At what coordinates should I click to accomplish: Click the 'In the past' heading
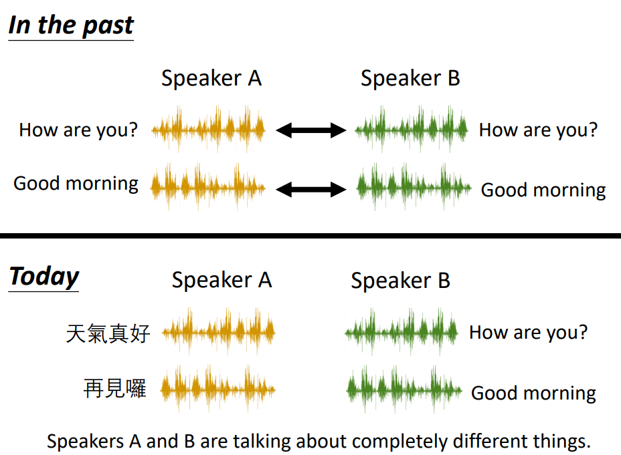(x=72, y=26)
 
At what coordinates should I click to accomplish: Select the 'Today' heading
(x=44, y=277)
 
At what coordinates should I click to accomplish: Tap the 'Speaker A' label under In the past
(x=211, y=78)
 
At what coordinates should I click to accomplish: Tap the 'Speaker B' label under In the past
(x=410, y=78)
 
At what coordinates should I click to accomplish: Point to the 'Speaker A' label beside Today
(x=221, y=280)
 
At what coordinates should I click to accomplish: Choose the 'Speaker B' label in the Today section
(x=400, y=280)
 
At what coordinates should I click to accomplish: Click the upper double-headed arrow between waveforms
(x=311, y=130)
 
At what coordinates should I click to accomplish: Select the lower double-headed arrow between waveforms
(x=311, y=189)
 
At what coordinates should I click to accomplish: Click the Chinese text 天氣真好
(x=108, y=333)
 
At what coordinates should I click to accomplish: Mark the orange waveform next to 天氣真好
(x=219, y=331)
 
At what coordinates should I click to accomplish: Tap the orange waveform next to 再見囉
(x=218, y=389)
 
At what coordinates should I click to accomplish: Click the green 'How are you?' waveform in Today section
(x=402, y=332)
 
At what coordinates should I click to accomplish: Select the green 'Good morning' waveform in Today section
(x=404, y=390)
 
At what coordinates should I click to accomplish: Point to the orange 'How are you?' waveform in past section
(x=208, y=129)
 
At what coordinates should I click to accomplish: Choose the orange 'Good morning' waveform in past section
(x=208, y=187)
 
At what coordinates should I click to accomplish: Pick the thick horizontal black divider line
(x=310, y=236)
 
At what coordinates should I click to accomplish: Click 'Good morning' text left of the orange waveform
(x=76, y=184)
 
